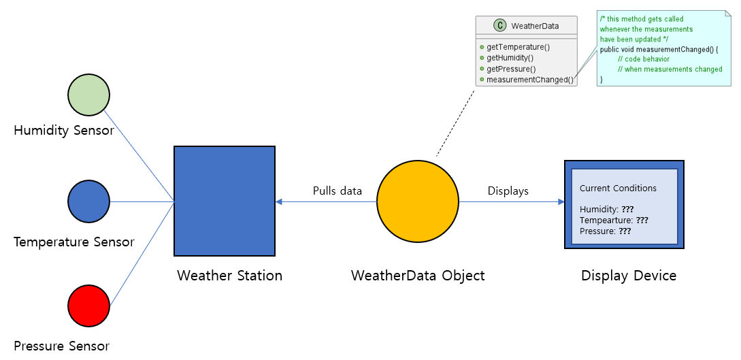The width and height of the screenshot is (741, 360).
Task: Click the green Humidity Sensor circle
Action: tap(88, 95)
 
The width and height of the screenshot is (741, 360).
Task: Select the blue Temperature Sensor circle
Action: tap(88, 201)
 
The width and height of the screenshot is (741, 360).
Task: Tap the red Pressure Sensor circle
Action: tap(88, 306)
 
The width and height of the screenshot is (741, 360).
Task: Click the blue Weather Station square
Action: tap(225, 201)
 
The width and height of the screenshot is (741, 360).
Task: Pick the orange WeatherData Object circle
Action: tap(418, 201)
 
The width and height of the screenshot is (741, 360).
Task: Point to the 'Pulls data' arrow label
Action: tap(337, 191)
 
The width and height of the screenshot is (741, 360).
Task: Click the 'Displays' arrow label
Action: tap(508, 191)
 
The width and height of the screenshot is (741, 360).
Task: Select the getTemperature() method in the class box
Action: tap(518, 47)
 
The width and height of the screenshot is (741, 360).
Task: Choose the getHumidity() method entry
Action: tap(510, 58)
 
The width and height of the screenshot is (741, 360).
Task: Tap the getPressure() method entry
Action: tap(510, 69)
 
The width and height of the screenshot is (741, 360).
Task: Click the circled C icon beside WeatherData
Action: tap(500, 26)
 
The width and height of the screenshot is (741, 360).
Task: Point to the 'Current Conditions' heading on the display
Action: tap(618, 188)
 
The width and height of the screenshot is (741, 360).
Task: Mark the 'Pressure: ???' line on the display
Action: tap(605, 231)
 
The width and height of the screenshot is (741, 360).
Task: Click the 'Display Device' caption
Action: tap(629, 276)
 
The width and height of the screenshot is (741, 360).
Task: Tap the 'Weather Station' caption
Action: tap(229, 276)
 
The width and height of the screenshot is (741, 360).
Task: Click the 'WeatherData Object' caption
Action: tap(418, 276)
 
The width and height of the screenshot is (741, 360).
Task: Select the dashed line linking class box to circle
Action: tap(455, 122)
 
